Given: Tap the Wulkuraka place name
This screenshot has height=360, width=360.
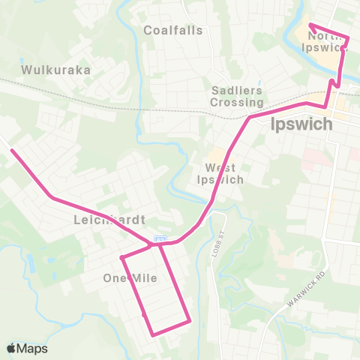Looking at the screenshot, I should pyautogui.click(x=56, y=70).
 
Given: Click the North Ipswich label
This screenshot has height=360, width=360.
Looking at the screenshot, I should pyautogui.click(x=330, y=40).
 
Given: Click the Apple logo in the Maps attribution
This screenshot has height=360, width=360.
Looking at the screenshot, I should pyautogui.click(x=12, y=348).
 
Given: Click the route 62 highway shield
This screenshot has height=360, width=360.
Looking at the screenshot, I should pyautogui.click(x=159, y=239).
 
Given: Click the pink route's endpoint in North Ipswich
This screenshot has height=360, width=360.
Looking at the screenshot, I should pyautogui.click(x=310, y=25).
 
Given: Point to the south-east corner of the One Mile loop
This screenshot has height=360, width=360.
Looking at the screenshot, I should pyautogui.click(x=190, y=322).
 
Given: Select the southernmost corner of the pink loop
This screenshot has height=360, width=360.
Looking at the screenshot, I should pyautogui.click(x=154, y=334).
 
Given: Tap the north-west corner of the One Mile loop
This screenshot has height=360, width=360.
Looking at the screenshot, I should pyautogui.click(x=121, y=258).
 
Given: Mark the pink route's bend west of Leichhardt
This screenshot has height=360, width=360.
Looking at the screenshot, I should pyautogui.click(x=51, y=197).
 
